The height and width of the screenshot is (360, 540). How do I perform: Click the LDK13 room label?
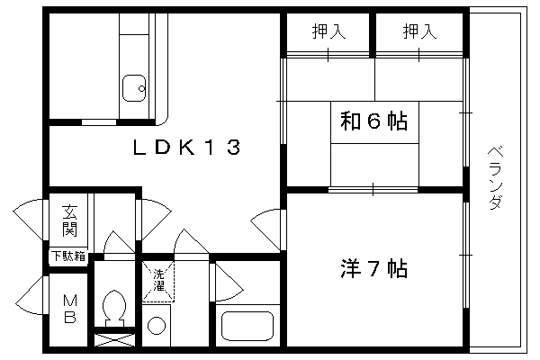pyautogui.click(x=186, y=147)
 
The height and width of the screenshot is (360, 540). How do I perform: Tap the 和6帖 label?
pyautogui.click(x=374, y=121)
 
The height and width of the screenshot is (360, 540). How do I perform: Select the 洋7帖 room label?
pyautogui.click(x=374, y=268)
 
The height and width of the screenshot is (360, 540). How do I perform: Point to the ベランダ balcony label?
pyautogui.click(x=496, y=178)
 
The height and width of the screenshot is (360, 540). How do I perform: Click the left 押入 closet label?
pyautogui.click(x=328, y=31)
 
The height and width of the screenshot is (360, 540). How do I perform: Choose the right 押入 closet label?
pyautogui.click(x=419, y=31)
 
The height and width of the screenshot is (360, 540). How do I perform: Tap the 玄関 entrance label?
pyautogui.click(x=69, y=220)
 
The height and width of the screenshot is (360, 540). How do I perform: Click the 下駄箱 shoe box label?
pyautogui.click(x=68, y=256)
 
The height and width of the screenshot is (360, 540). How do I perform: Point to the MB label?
pyautogui.click(x=70, y=309)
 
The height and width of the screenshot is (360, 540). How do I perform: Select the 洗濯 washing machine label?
pyautogui.click(x=158, y=280)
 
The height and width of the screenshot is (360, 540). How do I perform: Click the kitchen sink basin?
pyautogui.click(x=134, y=88)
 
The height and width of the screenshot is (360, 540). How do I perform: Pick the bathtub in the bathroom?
pyautogui.click(x=247, y=326)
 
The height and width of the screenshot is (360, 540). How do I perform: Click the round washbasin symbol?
pyautogui.click(x=157, y=326)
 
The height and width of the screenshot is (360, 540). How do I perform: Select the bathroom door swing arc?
pyautogui.click(x=229, y=283)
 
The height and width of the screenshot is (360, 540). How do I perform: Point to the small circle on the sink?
pyautogui.click(x=141, y=88)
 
